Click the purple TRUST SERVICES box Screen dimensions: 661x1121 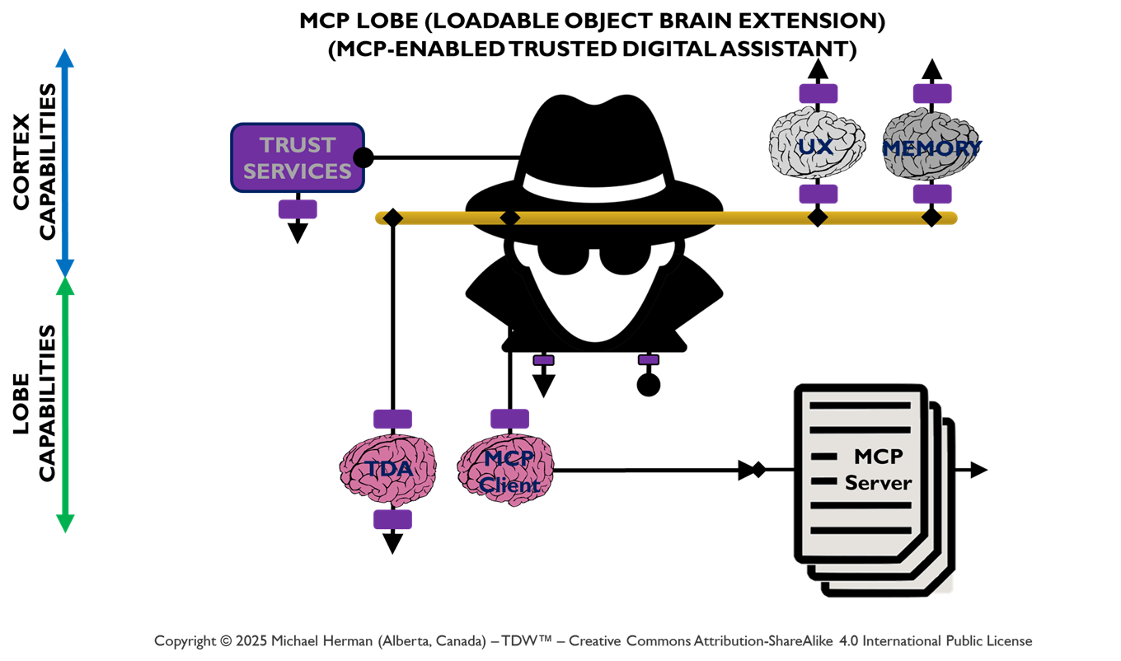coord(298,157)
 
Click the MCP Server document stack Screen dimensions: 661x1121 coord(870,486)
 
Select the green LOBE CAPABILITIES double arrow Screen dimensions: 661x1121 coord(65,405)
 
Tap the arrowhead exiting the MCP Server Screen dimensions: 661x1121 coord(978,470)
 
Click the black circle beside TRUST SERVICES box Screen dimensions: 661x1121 coord(364,157)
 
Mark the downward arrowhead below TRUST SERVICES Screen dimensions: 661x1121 coord(298,233)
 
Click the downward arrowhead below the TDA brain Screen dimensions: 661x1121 coord(393,543)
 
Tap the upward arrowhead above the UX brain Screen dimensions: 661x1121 coord(818,69)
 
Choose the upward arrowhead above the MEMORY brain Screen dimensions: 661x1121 coord(932,69)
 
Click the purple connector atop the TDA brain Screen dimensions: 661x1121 coord(392,419)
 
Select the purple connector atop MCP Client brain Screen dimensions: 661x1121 coord(509,419)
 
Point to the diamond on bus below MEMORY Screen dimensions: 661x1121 coord(932,218)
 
